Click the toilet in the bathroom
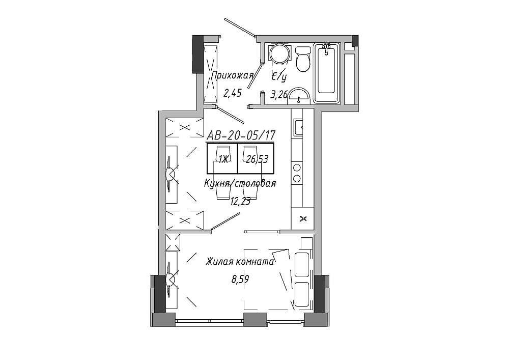coord(303,59)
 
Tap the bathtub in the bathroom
coord(326,73)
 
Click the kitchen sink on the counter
coord(298,128)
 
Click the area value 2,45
coord(232,94)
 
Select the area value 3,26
coord(279,95)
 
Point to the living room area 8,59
coord(240,279)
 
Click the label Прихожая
coord(232,76)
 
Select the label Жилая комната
coord(240,262)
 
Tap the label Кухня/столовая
coord(240,184)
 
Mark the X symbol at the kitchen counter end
coord(303,219)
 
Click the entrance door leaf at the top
coord(240,27)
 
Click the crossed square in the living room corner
coord(173,242)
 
